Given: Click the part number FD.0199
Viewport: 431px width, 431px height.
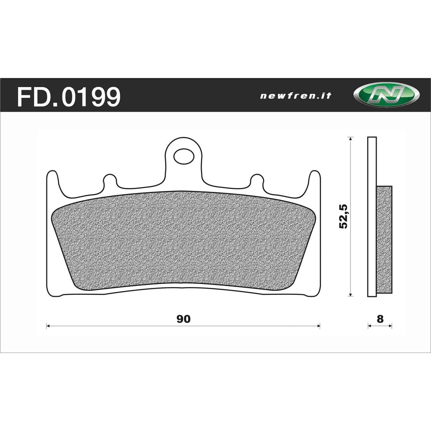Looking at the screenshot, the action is [69, 97].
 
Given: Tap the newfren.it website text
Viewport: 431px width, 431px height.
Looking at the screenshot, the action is [296, 96].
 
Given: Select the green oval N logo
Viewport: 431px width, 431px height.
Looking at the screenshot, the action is [386, 94].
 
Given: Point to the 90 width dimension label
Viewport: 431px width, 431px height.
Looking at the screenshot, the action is [184, 319].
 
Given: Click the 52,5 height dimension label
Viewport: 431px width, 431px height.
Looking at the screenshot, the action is [344, 216].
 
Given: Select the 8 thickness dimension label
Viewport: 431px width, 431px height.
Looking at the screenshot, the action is [380, 319].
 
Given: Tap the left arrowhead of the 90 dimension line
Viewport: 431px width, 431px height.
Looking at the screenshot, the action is [48, 326].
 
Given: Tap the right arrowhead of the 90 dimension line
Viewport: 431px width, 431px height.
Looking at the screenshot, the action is [319, 326].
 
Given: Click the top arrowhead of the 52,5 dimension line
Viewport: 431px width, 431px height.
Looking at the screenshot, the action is [350, 138].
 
